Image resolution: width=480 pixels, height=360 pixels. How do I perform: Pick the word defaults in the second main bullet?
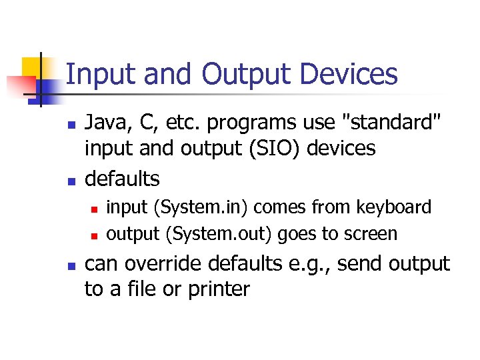123,178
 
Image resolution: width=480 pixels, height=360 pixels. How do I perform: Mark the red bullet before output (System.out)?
95,235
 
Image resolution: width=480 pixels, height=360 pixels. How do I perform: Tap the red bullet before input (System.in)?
95,209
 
